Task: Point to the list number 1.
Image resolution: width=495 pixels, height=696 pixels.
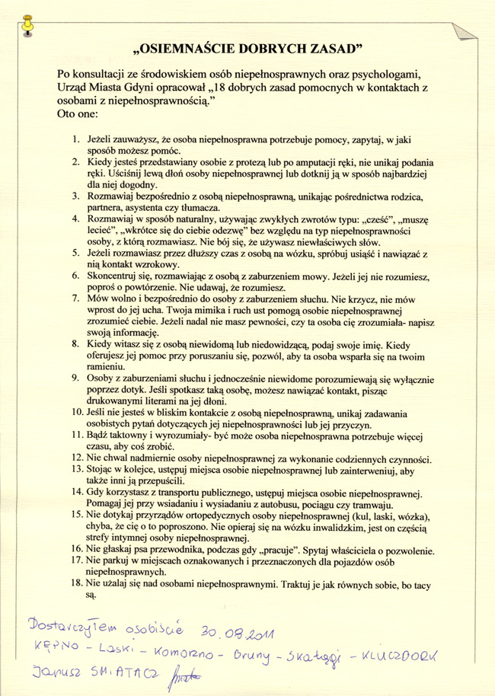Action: [x=75, y=141]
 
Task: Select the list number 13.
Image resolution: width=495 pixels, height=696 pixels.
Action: [x=73, y=470]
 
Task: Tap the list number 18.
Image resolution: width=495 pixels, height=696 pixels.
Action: [x=73, y=582]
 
